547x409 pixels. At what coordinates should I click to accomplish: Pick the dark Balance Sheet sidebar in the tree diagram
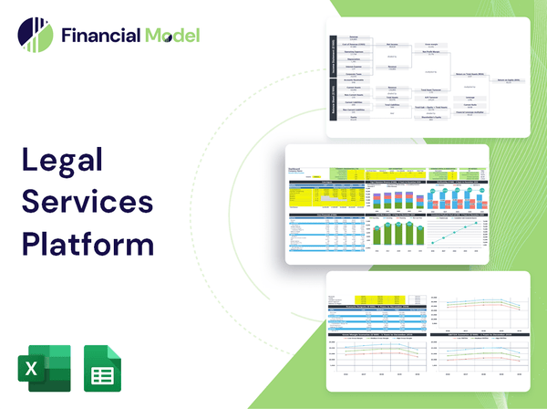click(332, 106)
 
